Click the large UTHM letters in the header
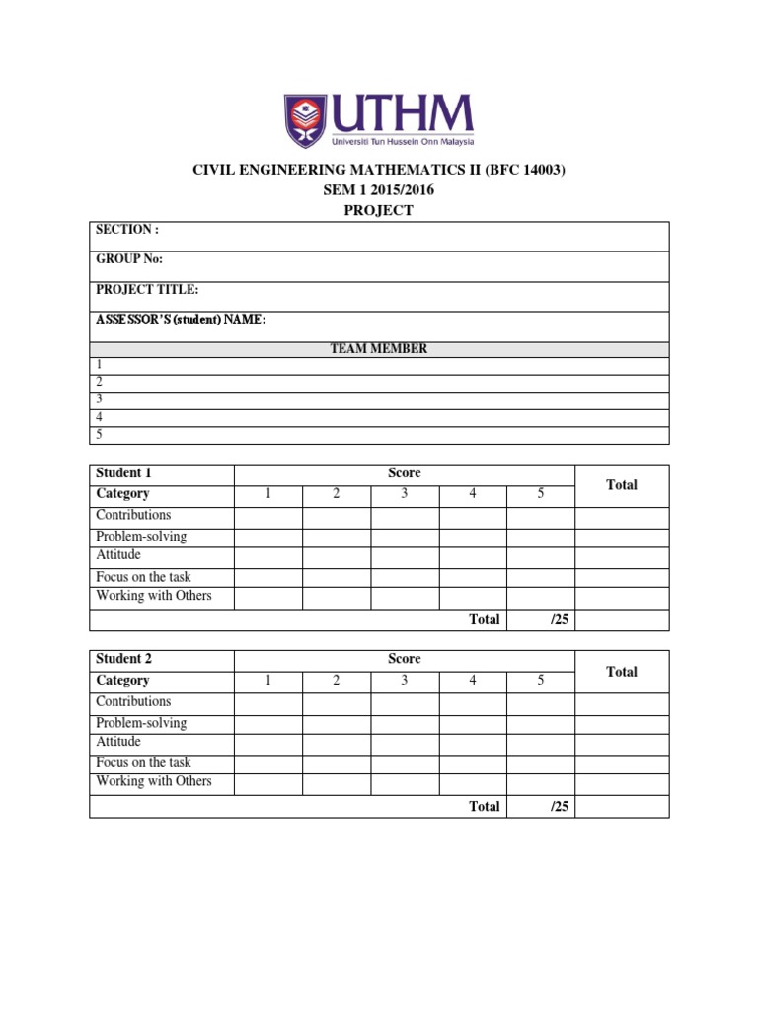[403, 113]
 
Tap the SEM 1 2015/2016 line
[379, 190]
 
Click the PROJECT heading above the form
[379, 210]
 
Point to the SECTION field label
[126, 230]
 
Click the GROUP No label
[129, 259]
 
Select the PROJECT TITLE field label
[147, 290]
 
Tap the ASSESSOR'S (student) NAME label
[181, 320]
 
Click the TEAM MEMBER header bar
[379, 349]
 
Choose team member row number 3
[99, 399]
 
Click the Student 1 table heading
[123, 473]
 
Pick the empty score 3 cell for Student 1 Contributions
[405, 517]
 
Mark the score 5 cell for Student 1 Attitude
[541, 557]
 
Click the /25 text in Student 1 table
[560, 620]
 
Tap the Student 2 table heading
[123, 659]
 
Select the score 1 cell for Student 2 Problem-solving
[267, 724]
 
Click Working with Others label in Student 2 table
[154, 781]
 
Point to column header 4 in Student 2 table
[473, 681]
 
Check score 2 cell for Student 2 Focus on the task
[337, 763]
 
